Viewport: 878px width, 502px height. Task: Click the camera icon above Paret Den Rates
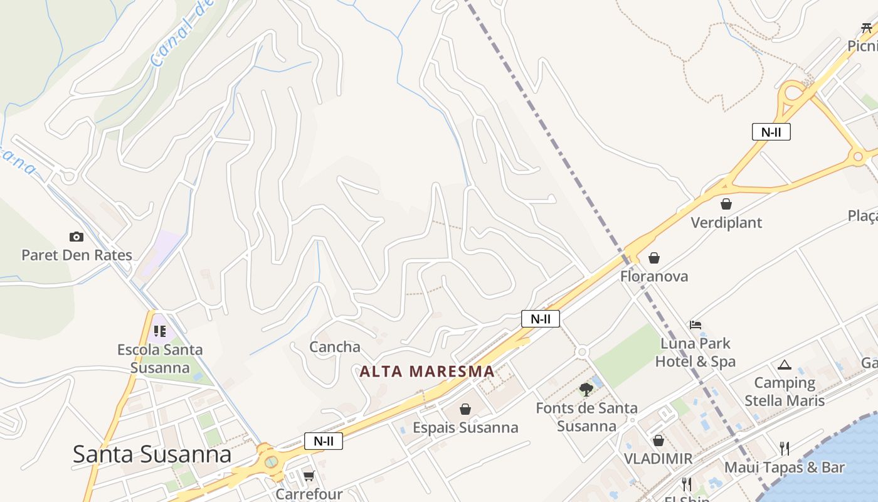(x=77, y=237)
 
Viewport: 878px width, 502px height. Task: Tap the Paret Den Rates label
(x=77, y=255)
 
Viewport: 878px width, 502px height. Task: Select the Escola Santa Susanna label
(x=160, y=358)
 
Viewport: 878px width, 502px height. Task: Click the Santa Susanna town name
(x=152, y=454)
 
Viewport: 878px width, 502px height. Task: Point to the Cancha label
(x=335, y=347)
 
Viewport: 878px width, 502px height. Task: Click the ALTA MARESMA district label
(x=427, y=371)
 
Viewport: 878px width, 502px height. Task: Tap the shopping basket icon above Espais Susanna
(x=465, y=410)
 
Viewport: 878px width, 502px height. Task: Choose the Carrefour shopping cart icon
(x=309, y=476)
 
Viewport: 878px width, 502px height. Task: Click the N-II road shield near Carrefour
(x=324, y=441)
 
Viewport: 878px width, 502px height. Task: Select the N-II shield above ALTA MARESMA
(x=540, y=319)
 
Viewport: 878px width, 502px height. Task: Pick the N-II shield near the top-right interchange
(x=771, y=132)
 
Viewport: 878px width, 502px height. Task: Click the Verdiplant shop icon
(x=726, y=204)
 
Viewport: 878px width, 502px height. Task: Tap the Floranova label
(x=654, y=276)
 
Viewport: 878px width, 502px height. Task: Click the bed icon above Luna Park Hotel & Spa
(x=695, y=325)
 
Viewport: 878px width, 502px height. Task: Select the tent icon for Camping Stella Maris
(x=785, y=365)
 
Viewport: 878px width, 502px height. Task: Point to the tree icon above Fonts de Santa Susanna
(x=586, y=390)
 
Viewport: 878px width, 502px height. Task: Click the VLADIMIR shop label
(x=658, y=459)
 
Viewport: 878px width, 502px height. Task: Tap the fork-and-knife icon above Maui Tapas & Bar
(x=785, y=448)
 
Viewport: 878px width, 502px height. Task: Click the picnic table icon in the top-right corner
(x=867, y=28)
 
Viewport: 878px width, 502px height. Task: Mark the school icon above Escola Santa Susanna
(x=159, y=331)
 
